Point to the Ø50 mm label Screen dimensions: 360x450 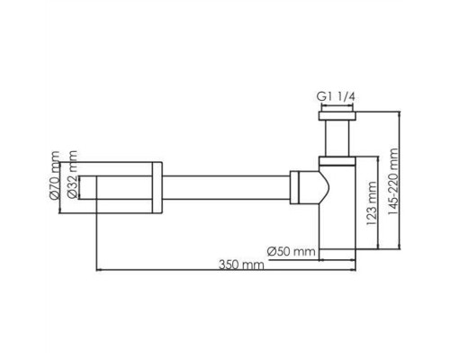291,249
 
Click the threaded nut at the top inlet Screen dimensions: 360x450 337,114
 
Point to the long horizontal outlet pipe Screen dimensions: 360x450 225,190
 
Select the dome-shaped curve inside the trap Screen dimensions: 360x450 318,190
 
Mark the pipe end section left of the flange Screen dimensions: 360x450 121,190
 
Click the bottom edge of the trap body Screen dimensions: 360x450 340,255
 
